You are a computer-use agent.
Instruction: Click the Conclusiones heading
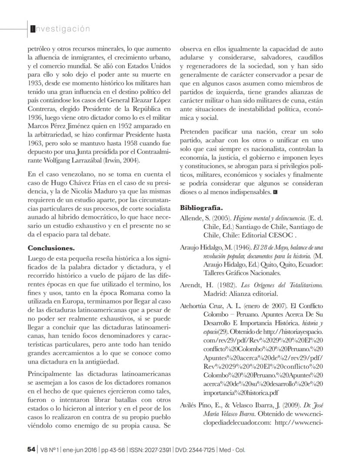pos(51,248)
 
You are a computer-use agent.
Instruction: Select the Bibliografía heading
pos(201,208)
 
